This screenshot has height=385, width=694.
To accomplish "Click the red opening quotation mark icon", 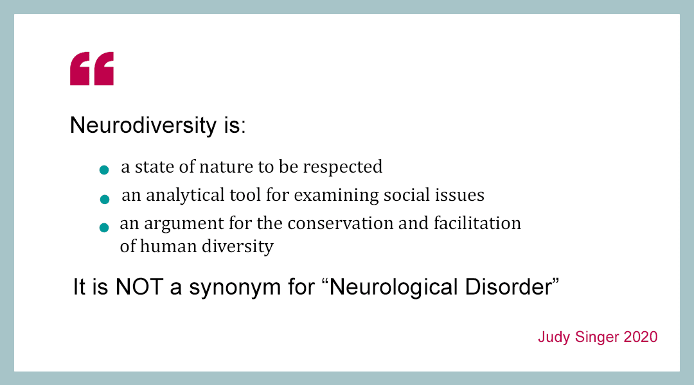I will pyautogui.click(x=92, y=69).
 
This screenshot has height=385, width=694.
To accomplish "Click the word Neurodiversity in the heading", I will pyautogui.click(x=143, y=125).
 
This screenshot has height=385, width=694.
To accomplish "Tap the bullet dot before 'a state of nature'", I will pyautogui.click(x=104, y=170).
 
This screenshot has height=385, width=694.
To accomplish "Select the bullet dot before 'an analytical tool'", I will pyautogui.click(x=105, y=199).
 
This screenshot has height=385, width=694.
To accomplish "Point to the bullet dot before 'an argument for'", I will pyautogui.click(x=104, y=227).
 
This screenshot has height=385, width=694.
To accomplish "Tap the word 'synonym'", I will pyautogui.click(x=221, y=287).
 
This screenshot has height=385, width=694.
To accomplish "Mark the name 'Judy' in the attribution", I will pyautogui.click(x=553, y=337).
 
